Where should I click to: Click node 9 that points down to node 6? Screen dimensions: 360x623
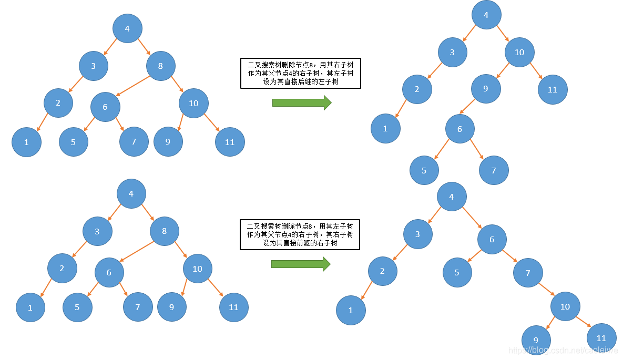[485, 89]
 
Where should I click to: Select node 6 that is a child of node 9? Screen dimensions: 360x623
[459, 129]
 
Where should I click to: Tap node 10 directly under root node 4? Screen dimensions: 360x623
[519, 52]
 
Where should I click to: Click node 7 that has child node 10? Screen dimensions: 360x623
[528, 273]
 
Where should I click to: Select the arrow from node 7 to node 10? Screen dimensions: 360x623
[546, 290]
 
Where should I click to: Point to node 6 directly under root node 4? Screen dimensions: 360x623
[492, 240]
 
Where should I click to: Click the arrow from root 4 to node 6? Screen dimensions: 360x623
[472, 218]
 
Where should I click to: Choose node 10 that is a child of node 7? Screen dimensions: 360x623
[565, 306]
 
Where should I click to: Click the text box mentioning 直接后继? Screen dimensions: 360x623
[300, 74]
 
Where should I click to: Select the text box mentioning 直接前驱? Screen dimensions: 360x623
[300, 235]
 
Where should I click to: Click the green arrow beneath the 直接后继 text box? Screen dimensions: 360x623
[301, 103]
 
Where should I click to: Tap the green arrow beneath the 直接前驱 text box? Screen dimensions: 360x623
[300, 264]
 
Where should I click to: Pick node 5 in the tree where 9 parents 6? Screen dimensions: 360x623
[424, 170]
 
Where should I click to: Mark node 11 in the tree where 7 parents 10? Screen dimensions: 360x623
[601, 338]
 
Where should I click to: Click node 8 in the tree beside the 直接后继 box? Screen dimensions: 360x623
[160, 66]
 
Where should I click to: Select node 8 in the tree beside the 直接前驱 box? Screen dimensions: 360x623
[164, 231]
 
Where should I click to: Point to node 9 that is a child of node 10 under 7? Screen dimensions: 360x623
[536, 340]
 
